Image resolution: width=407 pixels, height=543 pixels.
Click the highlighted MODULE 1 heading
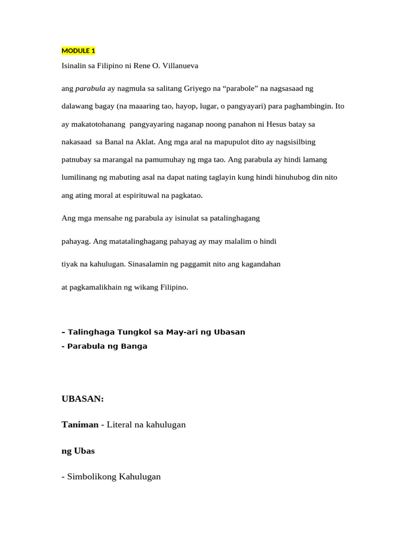pos(78,51)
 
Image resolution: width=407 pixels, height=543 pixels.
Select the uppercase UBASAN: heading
pos(83,399)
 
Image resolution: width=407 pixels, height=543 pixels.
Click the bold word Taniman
pos(80,425)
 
